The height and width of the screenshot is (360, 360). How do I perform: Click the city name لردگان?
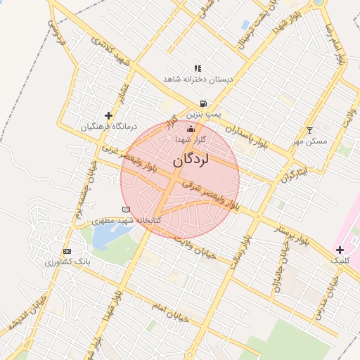191,161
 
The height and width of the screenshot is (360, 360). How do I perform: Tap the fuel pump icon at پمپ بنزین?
203,103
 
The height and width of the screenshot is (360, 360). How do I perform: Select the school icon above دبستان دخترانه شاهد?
198,68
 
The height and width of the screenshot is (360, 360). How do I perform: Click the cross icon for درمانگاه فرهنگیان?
108,115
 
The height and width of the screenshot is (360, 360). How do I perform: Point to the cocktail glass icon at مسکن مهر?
309,130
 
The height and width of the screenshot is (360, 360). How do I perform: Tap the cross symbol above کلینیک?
340,250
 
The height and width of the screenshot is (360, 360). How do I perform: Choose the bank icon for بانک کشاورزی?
67,251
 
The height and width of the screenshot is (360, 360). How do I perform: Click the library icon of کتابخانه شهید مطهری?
126,210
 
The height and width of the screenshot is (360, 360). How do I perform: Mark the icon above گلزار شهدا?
190,129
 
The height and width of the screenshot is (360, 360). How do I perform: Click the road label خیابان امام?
170,314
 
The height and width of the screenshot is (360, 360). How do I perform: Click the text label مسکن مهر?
310,141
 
